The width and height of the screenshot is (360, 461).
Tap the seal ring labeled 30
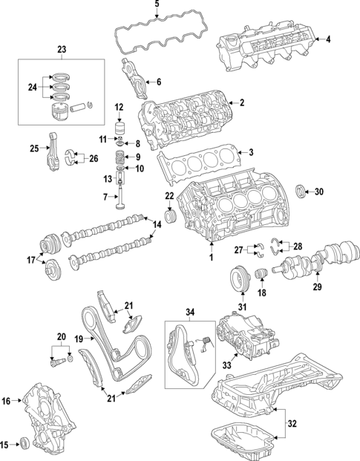tap(301, 193)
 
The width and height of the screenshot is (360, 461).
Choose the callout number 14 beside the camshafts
tap(157, 223)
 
